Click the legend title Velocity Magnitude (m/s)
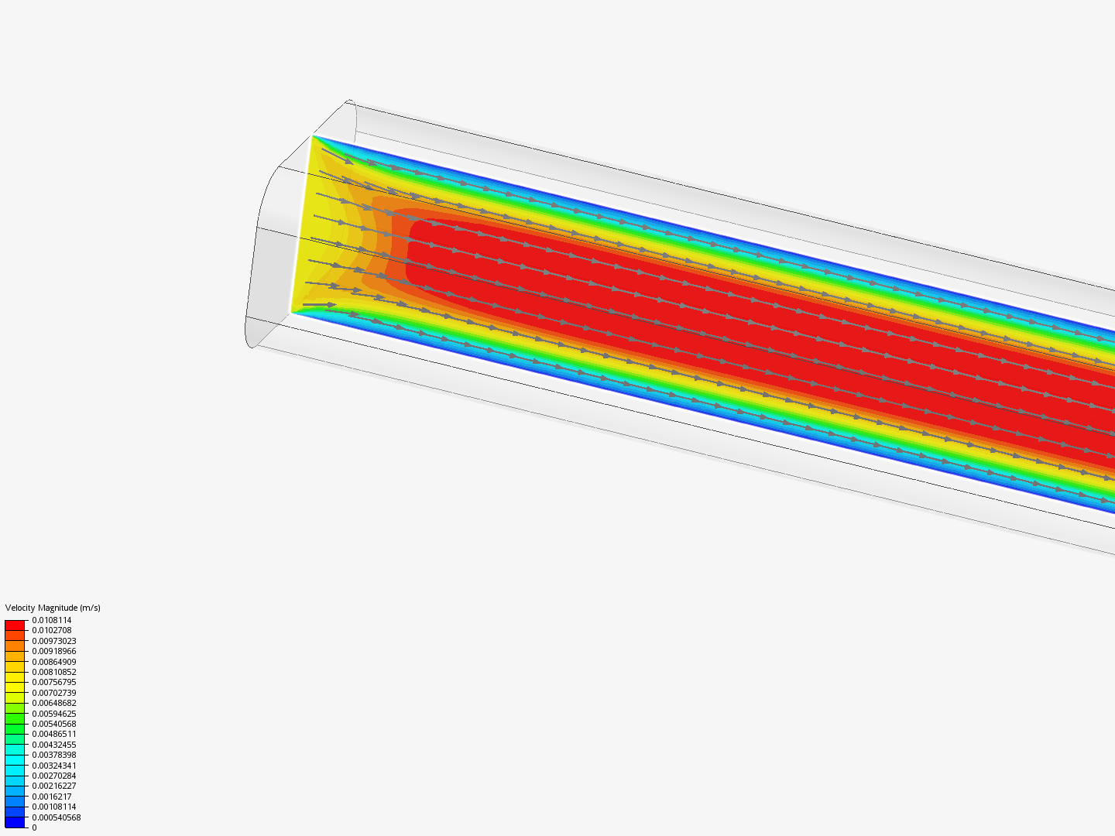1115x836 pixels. [53, 608]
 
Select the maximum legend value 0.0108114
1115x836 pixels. [52, 620]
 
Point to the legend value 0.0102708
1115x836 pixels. [52, 631]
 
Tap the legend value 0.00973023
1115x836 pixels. [54, 641]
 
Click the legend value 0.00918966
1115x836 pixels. [54, 652]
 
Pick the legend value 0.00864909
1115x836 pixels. [54, 662]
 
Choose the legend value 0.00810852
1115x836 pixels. [54, 672]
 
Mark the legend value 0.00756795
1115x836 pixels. [54, 683]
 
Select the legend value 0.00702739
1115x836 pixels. [54, 693]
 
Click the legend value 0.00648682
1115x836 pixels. [54, 703]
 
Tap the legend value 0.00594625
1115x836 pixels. [54, 714]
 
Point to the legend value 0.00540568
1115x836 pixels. [54, 724]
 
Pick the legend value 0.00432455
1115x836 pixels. [54, 745]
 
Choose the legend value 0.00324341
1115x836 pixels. [54, 766]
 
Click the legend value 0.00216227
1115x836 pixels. [54, 786]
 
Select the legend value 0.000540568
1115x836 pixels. [57, 817]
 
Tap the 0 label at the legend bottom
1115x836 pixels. [34, 827]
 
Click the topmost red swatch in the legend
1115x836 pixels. [15, 625]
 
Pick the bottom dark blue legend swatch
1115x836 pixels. [15, 822]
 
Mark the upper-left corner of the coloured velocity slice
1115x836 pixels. [313, 136]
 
